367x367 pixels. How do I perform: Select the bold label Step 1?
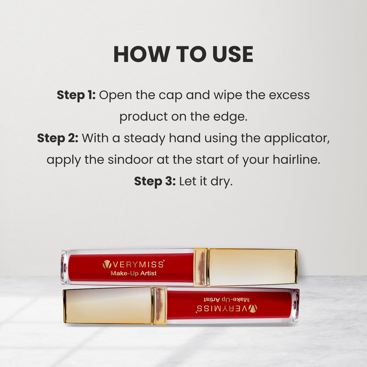(x=76, y=95)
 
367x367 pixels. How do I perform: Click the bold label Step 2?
(x=58, y=138)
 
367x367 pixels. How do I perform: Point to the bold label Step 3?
(x=155, y=181)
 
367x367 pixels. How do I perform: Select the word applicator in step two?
(x=297, y=138)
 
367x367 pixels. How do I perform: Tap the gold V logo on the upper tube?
(x=107, y=265)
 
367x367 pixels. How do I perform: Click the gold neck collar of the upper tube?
(x=201, y=267)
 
